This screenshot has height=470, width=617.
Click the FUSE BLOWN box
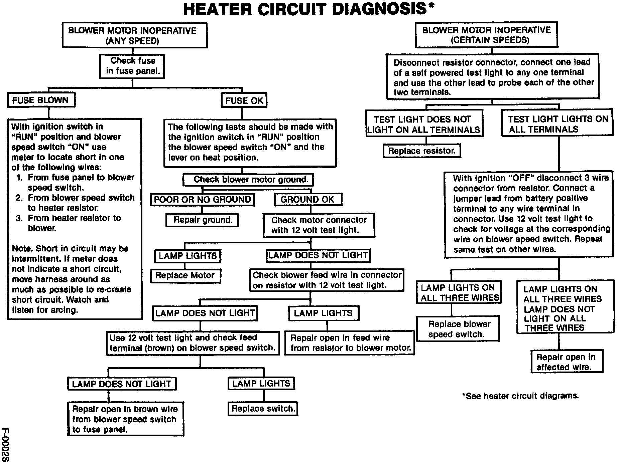41,100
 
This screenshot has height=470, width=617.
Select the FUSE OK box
244,100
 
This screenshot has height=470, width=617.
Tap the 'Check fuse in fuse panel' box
132,66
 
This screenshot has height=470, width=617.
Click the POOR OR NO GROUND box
202,200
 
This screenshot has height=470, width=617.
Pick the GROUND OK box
307,200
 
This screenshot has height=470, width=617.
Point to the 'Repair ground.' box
203,220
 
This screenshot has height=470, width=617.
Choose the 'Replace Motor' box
185,275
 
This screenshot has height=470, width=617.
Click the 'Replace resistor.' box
421,151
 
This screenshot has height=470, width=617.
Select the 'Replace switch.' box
263,409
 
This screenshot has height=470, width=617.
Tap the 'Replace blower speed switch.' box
458,329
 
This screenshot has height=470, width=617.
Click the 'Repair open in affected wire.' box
567,362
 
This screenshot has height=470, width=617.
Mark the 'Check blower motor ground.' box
248,180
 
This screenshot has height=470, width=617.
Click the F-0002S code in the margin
6,445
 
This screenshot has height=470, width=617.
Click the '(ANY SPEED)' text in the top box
132,41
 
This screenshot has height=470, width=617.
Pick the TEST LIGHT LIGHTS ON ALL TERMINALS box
558,124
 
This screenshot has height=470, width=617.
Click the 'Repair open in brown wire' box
126,419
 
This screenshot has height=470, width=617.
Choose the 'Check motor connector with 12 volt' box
319,225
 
